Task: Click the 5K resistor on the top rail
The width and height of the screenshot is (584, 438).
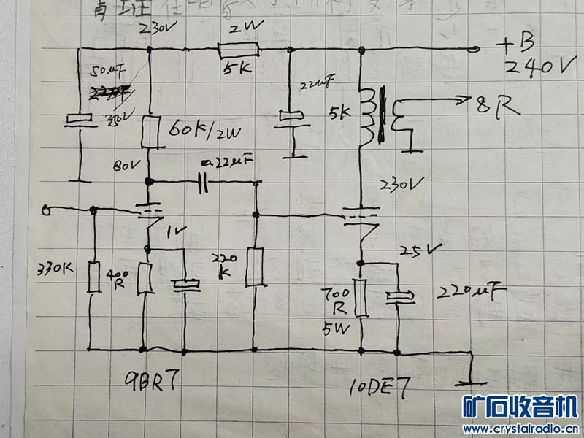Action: click(239, 50)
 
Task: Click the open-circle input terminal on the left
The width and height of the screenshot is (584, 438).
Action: click(47, 211)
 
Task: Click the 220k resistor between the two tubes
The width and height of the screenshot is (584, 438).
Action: click(255, 267)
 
